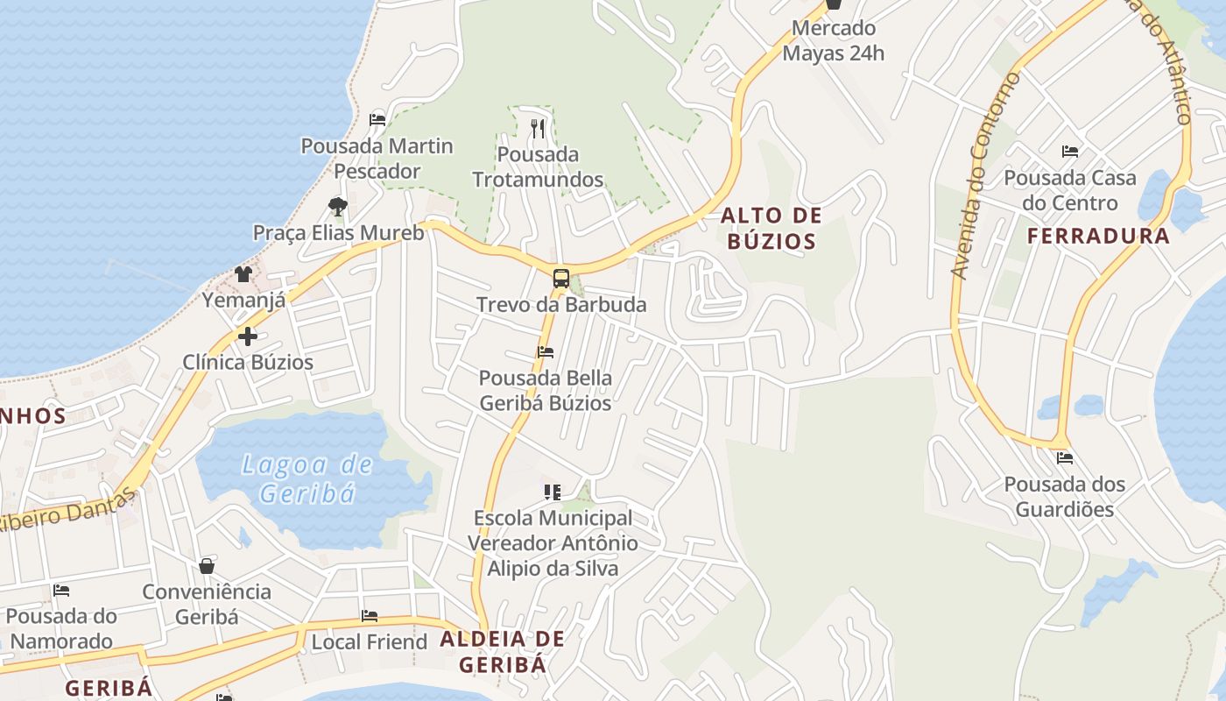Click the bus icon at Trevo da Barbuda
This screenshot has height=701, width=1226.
coord(560,280)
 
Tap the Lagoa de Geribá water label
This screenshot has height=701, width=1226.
coord(307,478)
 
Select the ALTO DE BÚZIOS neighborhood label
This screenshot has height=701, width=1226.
coord(772,228)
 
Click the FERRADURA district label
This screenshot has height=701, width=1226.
coord(1098,236)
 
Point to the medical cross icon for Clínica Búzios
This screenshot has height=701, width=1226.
coord(247,336)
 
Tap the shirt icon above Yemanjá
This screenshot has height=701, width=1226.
coord(243,274)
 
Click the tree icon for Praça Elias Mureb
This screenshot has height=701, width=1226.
coord(338,207)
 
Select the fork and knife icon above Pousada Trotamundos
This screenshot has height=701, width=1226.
coord(538,129)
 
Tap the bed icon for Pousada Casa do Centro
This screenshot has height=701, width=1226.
coord(1069,152)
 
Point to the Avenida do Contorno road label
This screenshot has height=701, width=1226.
coord(986,176)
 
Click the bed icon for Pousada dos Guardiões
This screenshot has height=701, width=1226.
coord(1064,457)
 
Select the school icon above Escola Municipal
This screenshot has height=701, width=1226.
coord(552,492)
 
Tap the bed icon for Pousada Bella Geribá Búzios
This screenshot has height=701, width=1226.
coord(545,352)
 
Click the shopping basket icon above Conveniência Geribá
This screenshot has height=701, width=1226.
coord(207,566)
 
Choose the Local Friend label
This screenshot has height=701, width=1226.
coord(370,641)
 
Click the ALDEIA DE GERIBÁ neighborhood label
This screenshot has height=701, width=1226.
coord(502,651)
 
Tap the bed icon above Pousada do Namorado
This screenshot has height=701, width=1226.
coord(60,591)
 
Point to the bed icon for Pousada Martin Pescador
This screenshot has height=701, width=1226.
coord(377,119)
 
